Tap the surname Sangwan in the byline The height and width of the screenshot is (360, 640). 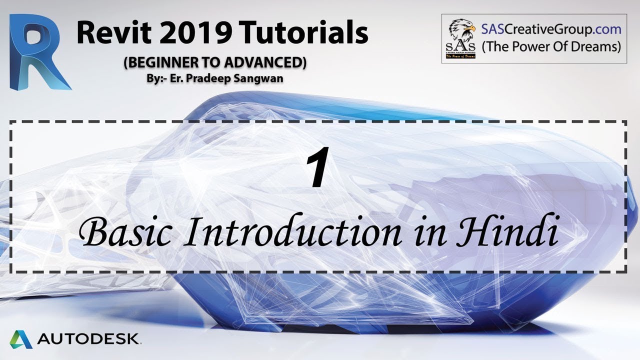tap(263, 78)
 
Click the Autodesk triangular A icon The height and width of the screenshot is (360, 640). tap(21, 339)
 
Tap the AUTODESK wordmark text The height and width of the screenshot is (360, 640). tap(89, 339)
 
